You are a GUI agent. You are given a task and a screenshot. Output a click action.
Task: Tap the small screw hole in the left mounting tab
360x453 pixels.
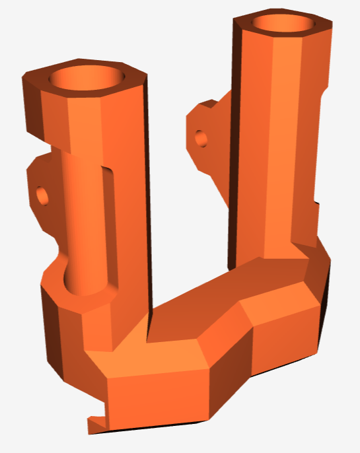43,195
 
